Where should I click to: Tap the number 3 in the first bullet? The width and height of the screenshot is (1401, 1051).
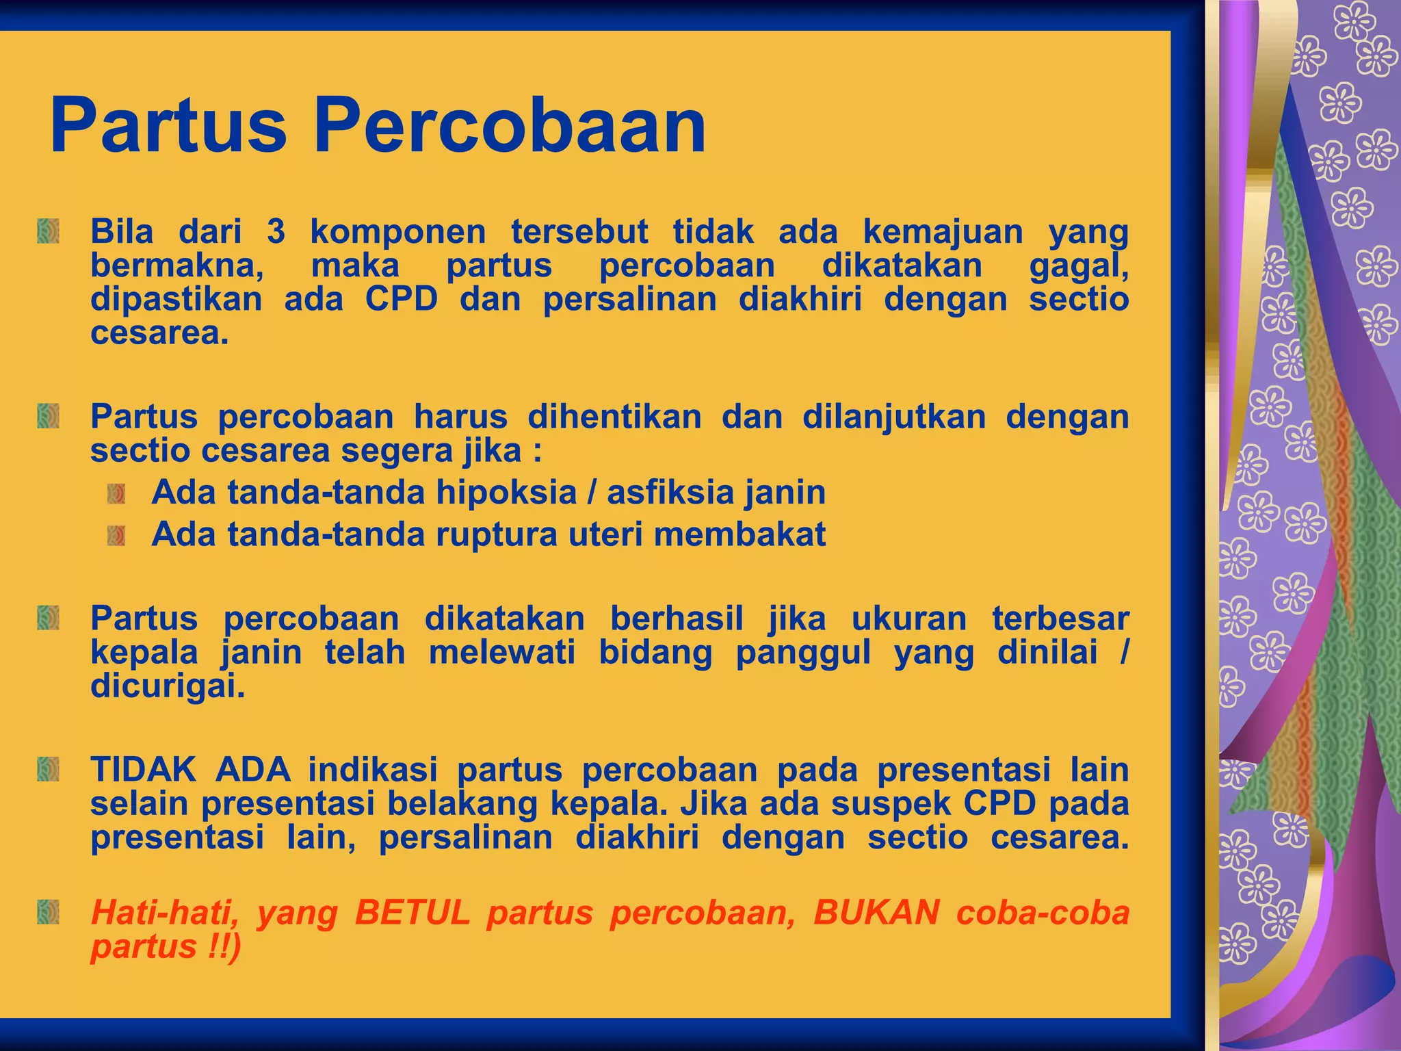click(276, 232)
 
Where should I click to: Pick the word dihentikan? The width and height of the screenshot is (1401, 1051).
click(614, 417)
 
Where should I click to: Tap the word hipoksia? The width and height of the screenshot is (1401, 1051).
click(506, 493)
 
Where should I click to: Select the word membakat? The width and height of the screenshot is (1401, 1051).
click(739, 534)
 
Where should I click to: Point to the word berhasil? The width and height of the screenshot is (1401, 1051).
click(676, 619)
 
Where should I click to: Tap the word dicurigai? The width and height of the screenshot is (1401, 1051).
click(168, 686)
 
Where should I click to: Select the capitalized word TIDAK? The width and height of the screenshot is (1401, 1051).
click(144, 770)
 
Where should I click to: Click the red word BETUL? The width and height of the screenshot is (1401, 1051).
click(413, 913)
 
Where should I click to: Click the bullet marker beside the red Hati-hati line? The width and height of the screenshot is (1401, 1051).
click(48, 912)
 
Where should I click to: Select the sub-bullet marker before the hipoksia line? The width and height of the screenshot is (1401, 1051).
click(116, 493)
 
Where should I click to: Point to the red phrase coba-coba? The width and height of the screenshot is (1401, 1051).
click(1043, 913)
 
